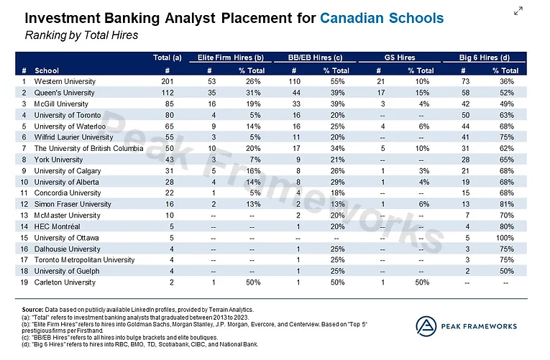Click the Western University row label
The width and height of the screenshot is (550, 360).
pyautogui.click(x=63, y=82)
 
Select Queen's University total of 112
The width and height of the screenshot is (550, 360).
pyautogui.click(x=167, y=93)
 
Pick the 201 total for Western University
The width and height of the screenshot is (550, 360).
pyautogui.click(x=167, y=82)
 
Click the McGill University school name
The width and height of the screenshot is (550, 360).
pyautogui.click(x=60, y=103)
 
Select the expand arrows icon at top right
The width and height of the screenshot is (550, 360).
pyautogui.click(x=518, y=11)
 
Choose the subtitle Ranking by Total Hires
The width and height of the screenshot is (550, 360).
pyautogui.click(x=81, y=34)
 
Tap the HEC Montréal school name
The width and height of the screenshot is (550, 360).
pyautogui.click(x=59, y=226)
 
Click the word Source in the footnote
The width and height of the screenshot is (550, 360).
pyautogui.click(x=33, y=308)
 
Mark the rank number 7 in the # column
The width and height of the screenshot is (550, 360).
pyautogui.click(x=24, y=148)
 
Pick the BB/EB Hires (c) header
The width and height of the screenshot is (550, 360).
pyautogui.click(x=316, y=57)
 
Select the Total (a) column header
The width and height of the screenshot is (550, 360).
pyautogui.click(x=167, y=57)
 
